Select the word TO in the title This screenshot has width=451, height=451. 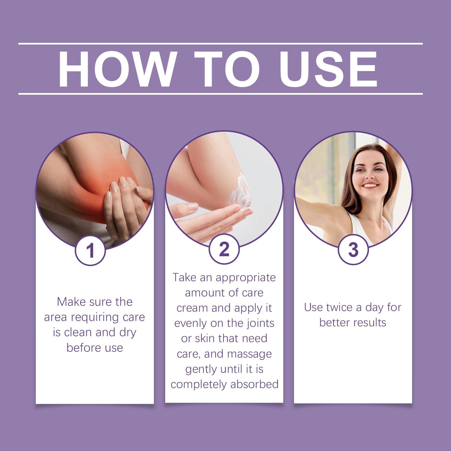[x=227, y=69]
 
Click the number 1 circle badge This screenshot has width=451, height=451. [x=90, y=251]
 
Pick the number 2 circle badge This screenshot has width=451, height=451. [x=224, y=249]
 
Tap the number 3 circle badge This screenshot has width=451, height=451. [x=353, y=249]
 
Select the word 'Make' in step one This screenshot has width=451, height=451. [x=72, y=302]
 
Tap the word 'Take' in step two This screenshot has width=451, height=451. [x=185, y=278]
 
